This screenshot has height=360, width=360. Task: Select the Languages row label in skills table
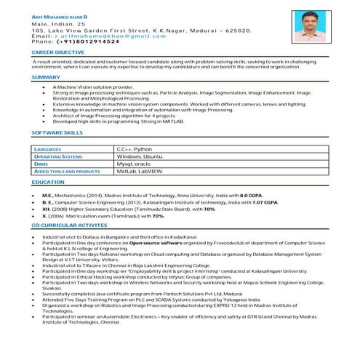tap(48, 148)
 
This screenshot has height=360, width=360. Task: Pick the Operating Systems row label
tap(58, 156)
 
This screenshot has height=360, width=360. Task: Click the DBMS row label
tap(41, 164)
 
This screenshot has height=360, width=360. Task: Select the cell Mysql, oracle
tap(139, 164)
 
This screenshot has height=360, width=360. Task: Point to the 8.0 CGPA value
tap(249, 196)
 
